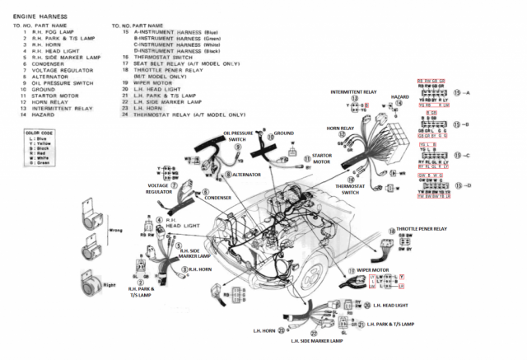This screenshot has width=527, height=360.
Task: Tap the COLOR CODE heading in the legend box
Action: click(39, 133)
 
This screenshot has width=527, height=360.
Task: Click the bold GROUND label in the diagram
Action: click(283, 133)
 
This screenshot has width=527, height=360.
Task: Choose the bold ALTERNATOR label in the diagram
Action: click(244, 175)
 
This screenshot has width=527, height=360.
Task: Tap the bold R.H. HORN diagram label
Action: click(203, 269)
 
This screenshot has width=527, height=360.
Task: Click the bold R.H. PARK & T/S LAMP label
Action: click(146, 292)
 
